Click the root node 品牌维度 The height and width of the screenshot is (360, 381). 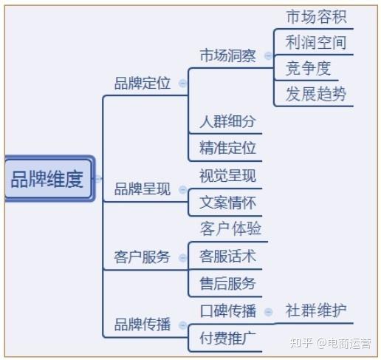pos(47,179)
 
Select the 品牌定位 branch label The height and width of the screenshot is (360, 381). pos(142,84)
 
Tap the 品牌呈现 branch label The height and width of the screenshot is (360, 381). pos(142,189)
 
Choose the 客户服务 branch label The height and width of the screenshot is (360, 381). pos(142,257)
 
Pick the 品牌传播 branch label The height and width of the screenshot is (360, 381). pos(142,325)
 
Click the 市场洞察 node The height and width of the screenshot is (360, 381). pos(227,55)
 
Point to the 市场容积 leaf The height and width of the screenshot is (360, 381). pos(315,16)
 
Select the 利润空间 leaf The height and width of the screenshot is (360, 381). pos(315,42)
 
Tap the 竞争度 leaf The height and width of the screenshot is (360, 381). pos(309,69)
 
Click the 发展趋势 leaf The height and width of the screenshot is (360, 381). pos(315,95)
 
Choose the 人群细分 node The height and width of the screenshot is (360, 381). pos(227,122)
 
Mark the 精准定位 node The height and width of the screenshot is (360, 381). pos(227,148)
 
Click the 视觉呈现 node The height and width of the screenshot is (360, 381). pos(227,175)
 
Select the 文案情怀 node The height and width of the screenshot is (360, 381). pos(227,202)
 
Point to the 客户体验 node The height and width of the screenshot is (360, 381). pos(230,229)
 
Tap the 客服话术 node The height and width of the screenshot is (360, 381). pos(227,257)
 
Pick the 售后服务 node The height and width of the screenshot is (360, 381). pos(227,283)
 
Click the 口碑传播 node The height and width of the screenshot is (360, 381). pos(227,311)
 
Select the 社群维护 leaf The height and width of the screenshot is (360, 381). pos(315,310)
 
